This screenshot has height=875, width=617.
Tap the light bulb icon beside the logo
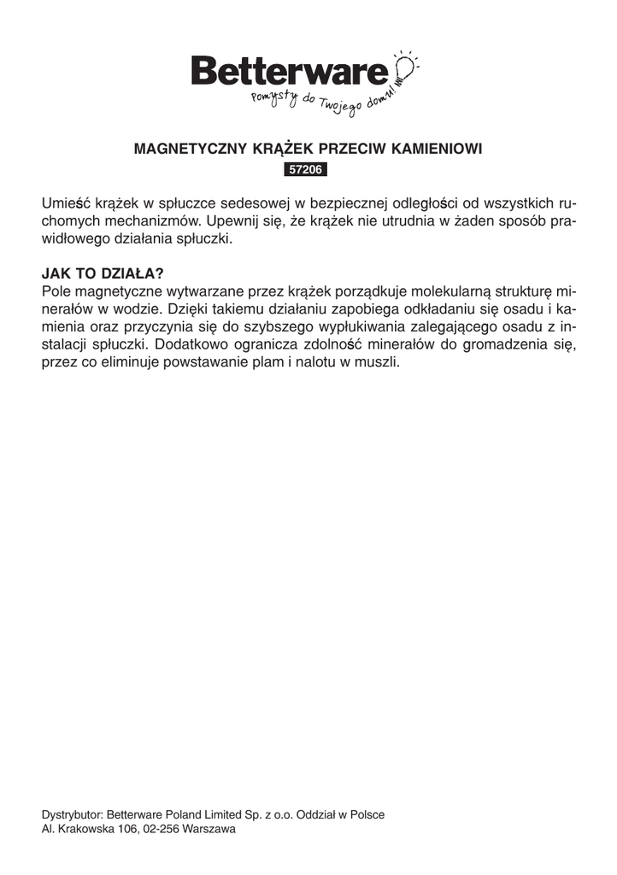coord(406,67)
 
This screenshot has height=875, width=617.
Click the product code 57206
coord(305,170)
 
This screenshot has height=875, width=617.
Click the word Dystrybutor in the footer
coord(72,814)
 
